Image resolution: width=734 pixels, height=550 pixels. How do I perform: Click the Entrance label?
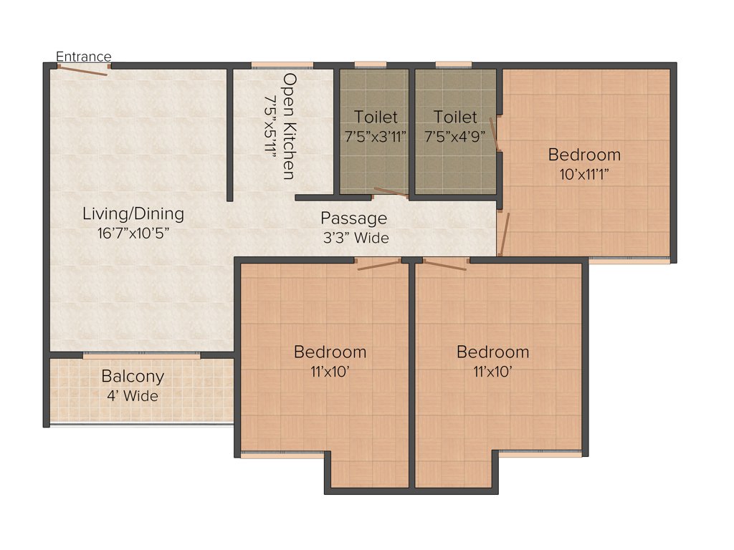coord(84,57)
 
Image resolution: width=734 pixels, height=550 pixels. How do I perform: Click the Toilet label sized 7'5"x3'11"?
coord(375,117)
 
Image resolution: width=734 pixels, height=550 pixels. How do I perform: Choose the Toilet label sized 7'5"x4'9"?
coord(455,117)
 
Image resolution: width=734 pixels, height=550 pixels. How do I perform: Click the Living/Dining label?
coord(133,213)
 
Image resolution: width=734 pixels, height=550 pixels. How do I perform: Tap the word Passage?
coord(353,218)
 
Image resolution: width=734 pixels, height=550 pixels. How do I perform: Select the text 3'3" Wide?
coord(356,238)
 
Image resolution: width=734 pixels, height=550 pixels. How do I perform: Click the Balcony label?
coord(133,376)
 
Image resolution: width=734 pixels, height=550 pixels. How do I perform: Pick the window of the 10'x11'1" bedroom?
coord(629,261)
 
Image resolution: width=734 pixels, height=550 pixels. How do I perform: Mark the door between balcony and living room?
coord(141,354)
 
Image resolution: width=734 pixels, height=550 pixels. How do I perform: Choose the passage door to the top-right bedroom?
coord(505,233)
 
